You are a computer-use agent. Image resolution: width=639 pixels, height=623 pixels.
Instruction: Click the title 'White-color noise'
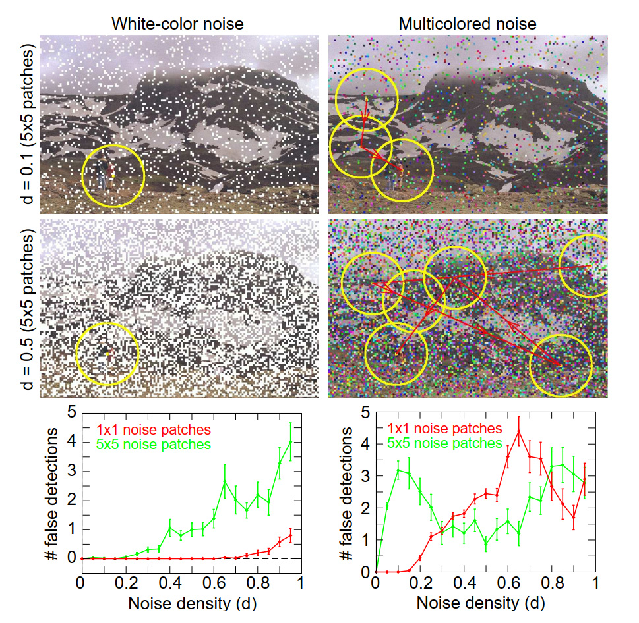click(177, 24)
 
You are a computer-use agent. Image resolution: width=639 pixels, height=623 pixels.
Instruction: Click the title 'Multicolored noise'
click(468, 24)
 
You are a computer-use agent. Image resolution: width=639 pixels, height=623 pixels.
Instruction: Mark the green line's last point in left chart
click(290, 441)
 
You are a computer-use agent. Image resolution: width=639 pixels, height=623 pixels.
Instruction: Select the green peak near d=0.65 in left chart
click(224, 481)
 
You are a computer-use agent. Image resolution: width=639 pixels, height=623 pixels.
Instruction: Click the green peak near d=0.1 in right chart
click(398, 470)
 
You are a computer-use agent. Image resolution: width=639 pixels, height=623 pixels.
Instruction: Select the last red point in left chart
click(290, 535)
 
